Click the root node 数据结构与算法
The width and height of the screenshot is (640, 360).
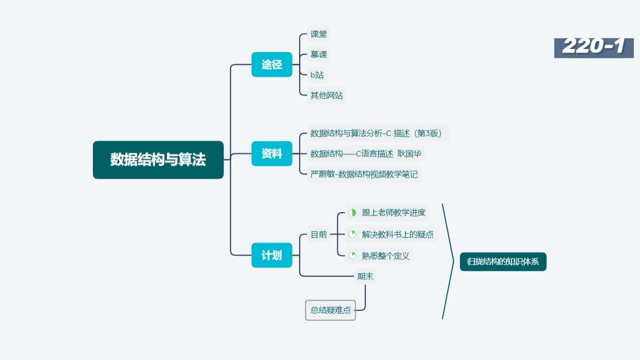click(x=158, y=160)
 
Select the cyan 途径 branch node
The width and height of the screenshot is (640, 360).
click(x=272, y=64)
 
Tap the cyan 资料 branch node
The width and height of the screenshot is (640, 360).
click(x=272, y=154)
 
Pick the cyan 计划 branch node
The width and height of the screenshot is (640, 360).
click(x=272, y=255)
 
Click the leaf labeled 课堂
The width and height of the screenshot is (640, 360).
click(x=319, y=34)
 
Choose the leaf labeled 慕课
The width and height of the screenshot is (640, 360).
click(x=319, y=55)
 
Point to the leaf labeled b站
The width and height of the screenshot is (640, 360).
click(x=317, y=75)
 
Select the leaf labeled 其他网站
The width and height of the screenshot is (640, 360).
click(x=327, y=95)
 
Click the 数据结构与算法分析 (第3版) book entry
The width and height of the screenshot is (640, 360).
click(x=379, y=133)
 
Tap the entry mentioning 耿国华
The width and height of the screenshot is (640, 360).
click(x=366, y=154)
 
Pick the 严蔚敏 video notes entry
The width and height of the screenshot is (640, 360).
click(x=364, y=174)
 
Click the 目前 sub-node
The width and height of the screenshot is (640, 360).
click(x=319, y=234)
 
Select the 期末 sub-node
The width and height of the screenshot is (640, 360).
click(x=365, y=276)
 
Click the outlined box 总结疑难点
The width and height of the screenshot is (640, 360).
click(x=330, y=310)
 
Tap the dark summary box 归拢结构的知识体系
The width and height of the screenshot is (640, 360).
click(x=503, y=261)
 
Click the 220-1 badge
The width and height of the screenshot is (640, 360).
click(x=594, y=47)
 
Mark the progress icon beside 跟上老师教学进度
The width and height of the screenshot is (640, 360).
click(x=352, y=212)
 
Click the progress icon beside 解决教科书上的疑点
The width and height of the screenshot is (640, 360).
click(x=352, y=234)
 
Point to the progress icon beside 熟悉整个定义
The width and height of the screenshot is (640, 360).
click(x=352, y=256)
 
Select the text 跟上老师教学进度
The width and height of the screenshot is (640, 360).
click(x=393, y=212)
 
